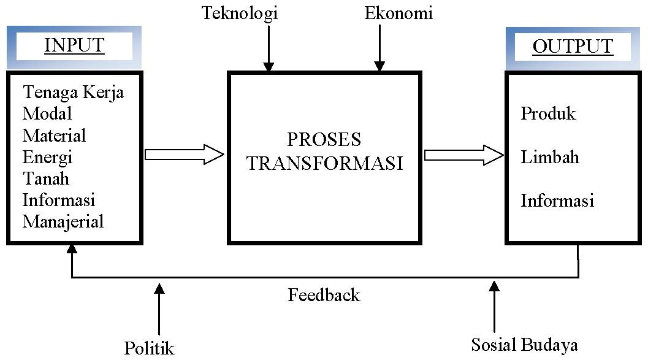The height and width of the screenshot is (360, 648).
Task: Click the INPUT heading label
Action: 74,46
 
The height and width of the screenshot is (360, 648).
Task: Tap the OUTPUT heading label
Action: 572,47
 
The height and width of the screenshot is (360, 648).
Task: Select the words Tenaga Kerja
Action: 73,92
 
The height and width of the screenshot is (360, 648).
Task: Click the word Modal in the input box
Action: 47,113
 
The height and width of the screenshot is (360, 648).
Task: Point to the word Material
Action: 54,135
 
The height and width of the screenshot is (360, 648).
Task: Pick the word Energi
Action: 48,157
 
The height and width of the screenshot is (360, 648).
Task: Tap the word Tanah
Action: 46,178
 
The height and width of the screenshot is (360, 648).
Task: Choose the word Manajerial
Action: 63,221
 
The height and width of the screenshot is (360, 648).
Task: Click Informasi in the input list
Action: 59,200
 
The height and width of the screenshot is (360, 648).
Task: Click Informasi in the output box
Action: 557,201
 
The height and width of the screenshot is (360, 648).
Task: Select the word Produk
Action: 548,113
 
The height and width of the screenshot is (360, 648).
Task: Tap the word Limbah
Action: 550,157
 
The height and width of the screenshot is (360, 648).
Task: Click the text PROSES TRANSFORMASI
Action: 324,151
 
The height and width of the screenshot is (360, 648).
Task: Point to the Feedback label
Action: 324,295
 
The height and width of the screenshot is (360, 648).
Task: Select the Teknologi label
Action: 240,13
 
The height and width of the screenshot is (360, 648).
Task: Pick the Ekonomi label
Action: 398,13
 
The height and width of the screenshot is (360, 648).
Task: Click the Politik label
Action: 150,348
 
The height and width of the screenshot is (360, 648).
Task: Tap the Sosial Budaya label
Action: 524,344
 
